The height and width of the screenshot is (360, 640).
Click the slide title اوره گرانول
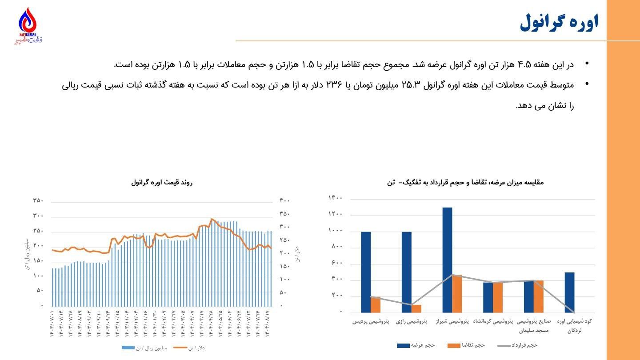coord(559,22)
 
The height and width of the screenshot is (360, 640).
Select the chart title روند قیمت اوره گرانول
coord(162,182)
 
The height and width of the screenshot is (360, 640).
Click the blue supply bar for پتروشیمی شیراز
coord(447,260)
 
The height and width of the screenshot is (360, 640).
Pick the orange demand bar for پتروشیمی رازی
coord(416,308)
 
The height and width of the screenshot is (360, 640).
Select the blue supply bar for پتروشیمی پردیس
coord(366,272)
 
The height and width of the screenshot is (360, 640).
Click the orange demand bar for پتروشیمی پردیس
coord(376,304)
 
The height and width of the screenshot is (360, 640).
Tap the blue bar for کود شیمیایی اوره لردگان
coord(569,292)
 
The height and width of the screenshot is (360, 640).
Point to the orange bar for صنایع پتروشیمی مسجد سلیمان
coord(539,296)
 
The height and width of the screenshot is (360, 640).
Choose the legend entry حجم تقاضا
coord(466,345)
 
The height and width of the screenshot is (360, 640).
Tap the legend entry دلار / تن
coord(189,348)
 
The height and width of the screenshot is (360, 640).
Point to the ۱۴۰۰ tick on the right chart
coord(335,198)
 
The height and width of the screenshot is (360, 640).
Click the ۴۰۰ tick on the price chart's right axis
coord(284,200)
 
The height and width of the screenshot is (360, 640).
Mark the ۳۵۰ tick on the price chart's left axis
coord(38,200)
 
